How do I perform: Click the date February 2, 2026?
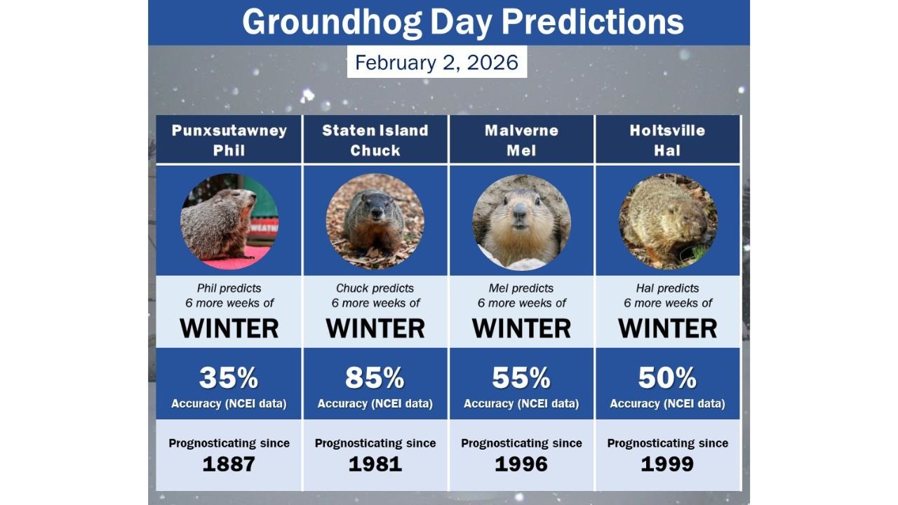[x=436, y=62]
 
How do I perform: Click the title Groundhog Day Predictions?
[x=462, y=22]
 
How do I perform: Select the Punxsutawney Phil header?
[x=229, y=140]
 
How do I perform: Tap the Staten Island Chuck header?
[x=375, y=140]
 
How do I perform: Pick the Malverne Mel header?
[x=521, y=140]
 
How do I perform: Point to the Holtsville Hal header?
[x=667, y=140]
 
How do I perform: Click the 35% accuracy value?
[x=229, y=378]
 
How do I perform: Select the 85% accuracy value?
[x=375, y=378]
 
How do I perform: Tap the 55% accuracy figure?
[x=521, y=378]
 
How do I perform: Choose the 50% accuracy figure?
[x=667, y=378]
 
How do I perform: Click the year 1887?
[x=229, y=464]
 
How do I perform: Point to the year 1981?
[x=375, y=464]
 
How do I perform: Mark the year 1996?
[x=521, y=464]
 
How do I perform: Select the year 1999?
[x=667, y=464]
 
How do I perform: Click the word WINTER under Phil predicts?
[x=229, y=328]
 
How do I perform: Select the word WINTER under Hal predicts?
[x=667, y=328]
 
